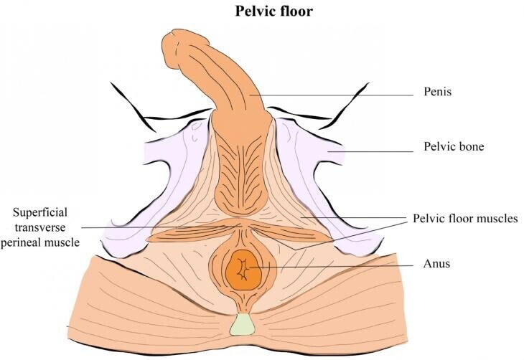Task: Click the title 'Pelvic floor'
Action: [x=261, y=12]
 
